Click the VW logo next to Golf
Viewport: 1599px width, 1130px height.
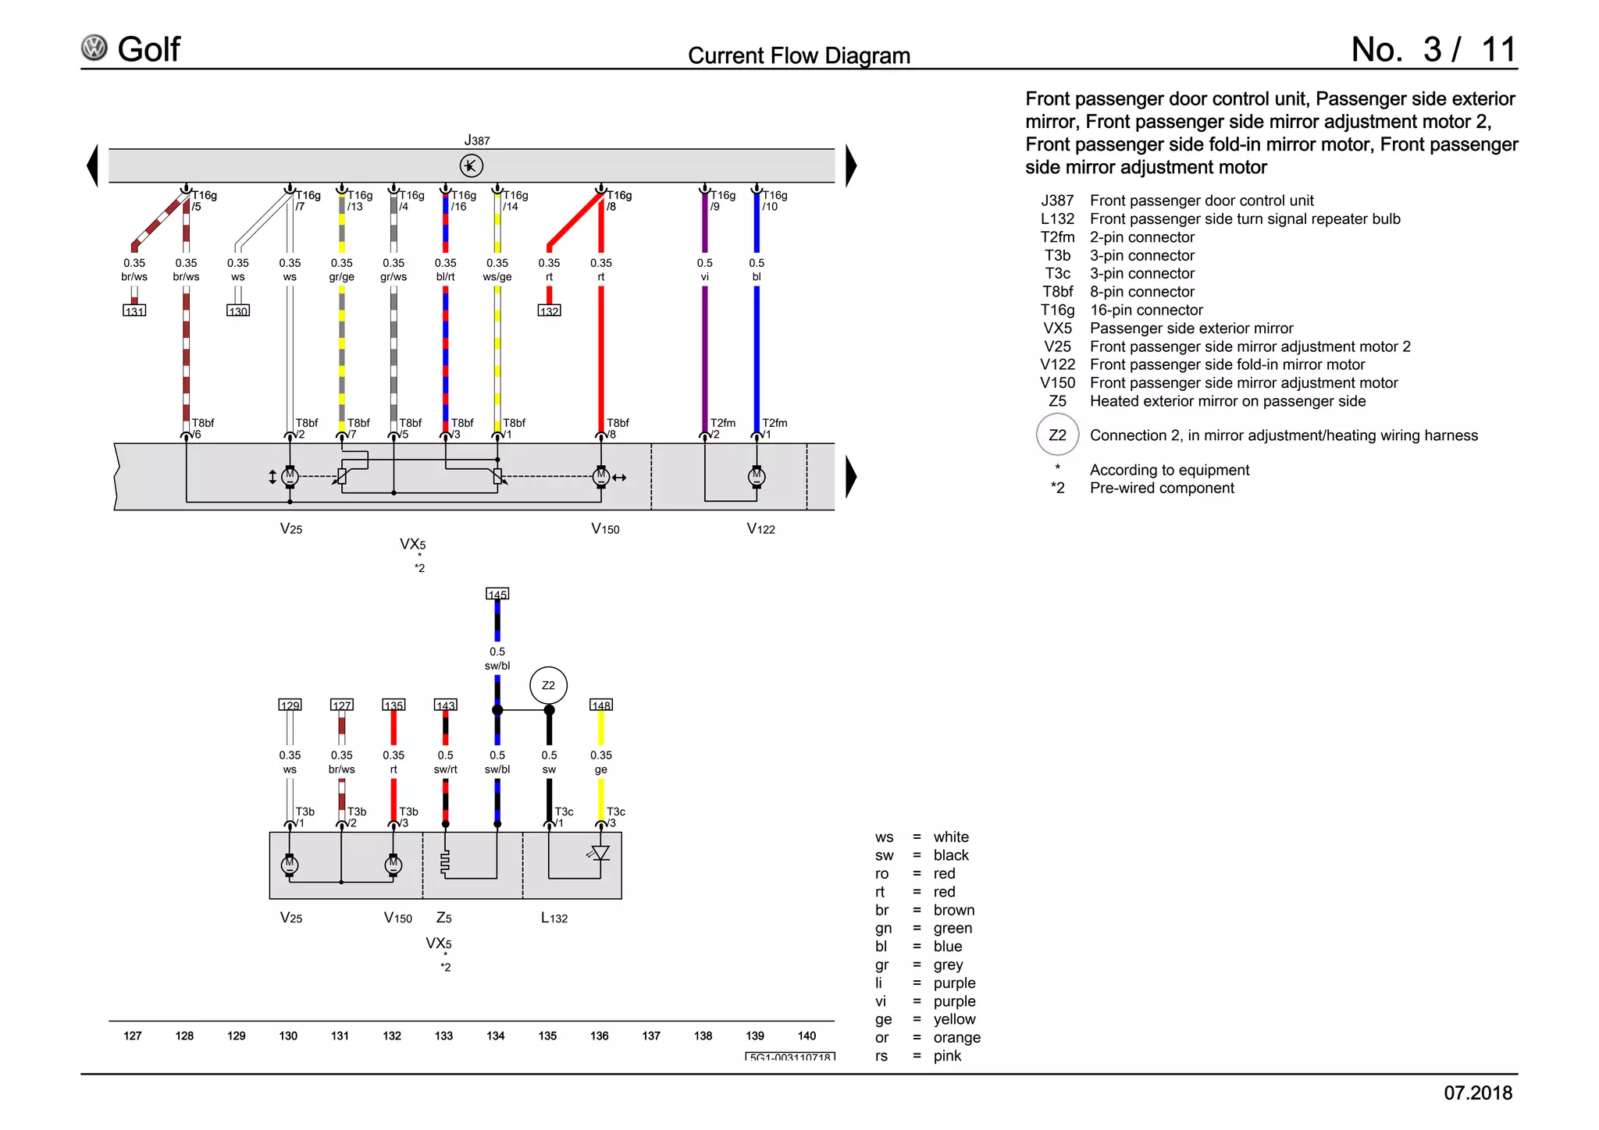94,48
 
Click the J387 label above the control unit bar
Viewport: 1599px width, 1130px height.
476,140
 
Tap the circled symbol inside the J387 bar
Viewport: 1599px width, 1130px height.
471,165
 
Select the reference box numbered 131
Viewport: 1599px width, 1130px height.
134,311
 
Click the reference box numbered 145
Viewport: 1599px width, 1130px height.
497,594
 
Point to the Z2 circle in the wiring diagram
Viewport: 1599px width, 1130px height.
548,685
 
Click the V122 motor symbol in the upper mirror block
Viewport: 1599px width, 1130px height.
756,476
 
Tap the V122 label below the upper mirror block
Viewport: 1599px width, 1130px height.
760,529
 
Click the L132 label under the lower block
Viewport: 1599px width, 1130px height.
554,918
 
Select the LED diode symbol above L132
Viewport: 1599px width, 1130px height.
600,853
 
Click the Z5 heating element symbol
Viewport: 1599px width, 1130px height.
445,862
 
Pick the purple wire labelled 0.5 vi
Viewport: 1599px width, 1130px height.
705,351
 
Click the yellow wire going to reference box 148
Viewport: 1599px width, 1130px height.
601,730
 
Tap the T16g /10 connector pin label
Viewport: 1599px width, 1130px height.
774,201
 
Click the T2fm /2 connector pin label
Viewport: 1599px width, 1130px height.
721,428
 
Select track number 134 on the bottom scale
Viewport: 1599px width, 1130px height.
496,1036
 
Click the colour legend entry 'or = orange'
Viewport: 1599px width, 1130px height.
928,1038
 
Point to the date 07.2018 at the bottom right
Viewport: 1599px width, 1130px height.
1477,1093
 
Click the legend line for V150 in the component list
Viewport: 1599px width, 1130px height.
1219,383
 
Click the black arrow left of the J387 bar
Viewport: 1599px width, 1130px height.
93,165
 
